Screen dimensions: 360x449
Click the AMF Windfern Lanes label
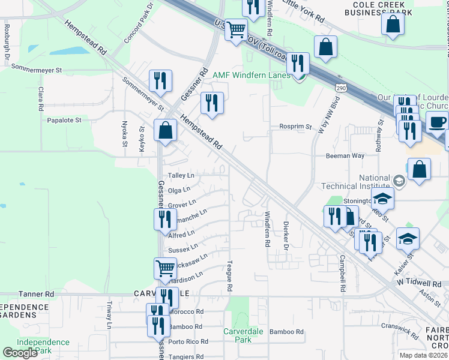(252, 75)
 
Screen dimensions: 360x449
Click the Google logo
(19, 353)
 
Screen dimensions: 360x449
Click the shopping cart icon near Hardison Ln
(165, 268)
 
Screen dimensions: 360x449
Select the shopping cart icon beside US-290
(236, 28)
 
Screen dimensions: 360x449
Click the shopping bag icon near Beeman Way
(420, 169)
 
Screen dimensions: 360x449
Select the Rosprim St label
(295, 127)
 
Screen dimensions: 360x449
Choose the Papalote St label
(64, 120)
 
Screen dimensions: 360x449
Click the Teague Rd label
(229, 277)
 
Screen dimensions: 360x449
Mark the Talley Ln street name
(181, 175)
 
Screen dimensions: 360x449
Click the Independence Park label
(43, 346)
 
